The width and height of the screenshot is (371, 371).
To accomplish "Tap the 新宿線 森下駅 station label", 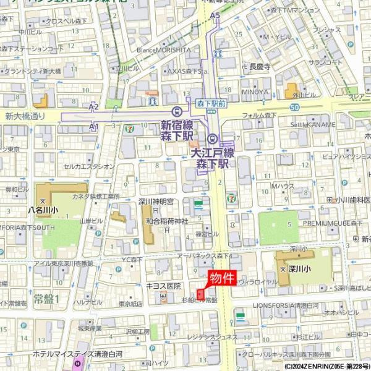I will point(177,129).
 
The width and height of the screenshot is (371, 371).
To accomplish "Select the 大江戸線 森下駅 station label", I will point(212,158).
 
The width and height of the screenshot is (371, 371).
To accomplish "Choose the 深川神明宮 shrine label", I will point(156,202).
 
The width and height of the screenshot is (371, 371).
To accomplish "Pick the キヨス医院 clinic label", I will point(163,286).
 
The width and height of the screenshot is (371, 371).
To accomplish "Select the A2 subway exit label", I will point(93,107).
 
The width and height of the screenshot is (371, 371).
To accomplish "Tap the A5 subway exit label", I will point(215,15).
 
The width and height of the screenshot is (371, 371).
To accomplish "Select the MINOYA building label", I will point(255,92).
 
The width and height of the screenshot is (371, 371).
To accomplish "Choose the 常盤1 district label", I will point(46,298).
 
